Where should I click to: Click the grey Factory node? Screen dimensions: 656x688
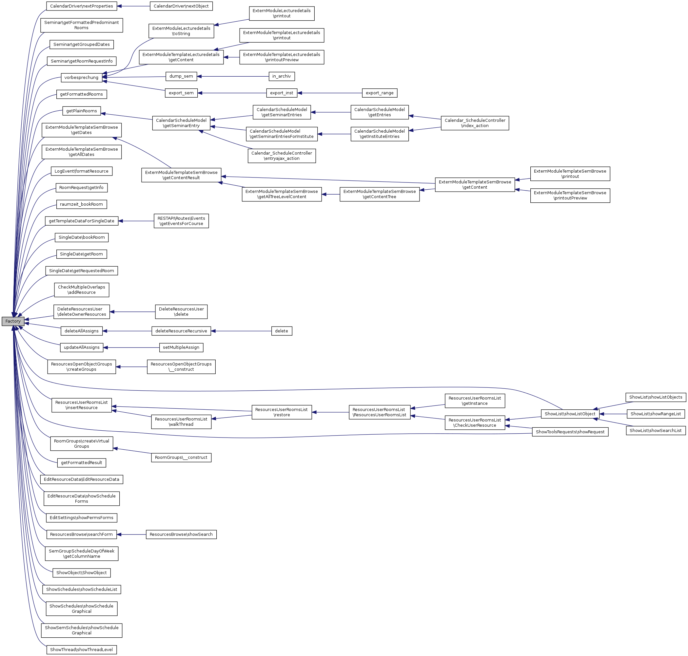pyautogui.click(x=13, y=321)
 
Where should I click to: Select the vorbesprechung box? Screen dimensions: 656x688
pyautogui.click(x=81, y=77)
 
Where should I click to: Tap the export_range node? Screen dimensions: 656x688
pyautogui.click(x=379, y=93)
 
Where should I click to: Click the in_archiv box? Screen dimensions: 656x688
pyautogui.click(x=281, y=76)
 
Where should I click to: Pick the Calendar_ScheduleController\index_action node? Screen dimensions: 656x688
pyautogui.click(x=475, y=123)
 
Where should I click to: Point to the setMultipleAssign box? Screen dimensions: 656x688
pyautogui.click(x=181, y=347)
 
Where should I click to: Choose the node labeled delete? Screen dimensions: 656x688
pyautogui.click(x=281, y=331)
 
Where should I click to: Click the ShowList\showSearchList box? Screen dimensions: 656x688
pyautogui.click(x=655, y=430)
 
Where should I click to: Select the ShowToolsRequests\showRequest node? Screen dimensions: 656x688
pyautogui.click(x=570, y=432)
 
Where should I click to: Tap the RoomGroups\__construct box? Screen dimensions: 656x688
pyautogui.click(x=181, y=458)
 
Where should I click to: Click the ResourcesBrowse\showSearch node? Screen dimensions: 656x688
pyautogui.click(x=181, y=534)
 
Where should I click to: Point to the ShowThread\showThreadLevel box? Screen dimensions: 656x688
pyautogui.click(x=81, y=650)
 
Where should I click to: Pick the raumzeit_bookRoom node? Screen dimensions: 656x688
pyautogui.click(x=81, y=204)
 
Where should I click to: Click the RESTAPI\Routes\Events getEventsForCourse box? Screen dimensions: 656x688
pyautogui.click(x=181, y=221)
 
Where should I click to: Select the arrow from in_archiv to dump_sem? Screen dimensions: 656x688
pyautogui.click(x=233, y=76)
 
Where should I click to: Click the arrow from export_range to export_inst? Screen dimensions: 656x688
pyautogui.click(x=329, y=93)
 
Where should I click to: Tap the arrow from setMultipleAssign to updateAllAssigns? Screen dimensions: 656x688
pyautogui.click(x=131, y=347)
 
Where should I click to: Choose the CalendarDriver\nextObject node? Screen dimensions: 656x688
pyautogui.click(x=181, y=6)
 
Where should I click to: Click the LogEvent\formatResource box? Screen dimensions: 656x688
pyautogui.click(x=81, y=171)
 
